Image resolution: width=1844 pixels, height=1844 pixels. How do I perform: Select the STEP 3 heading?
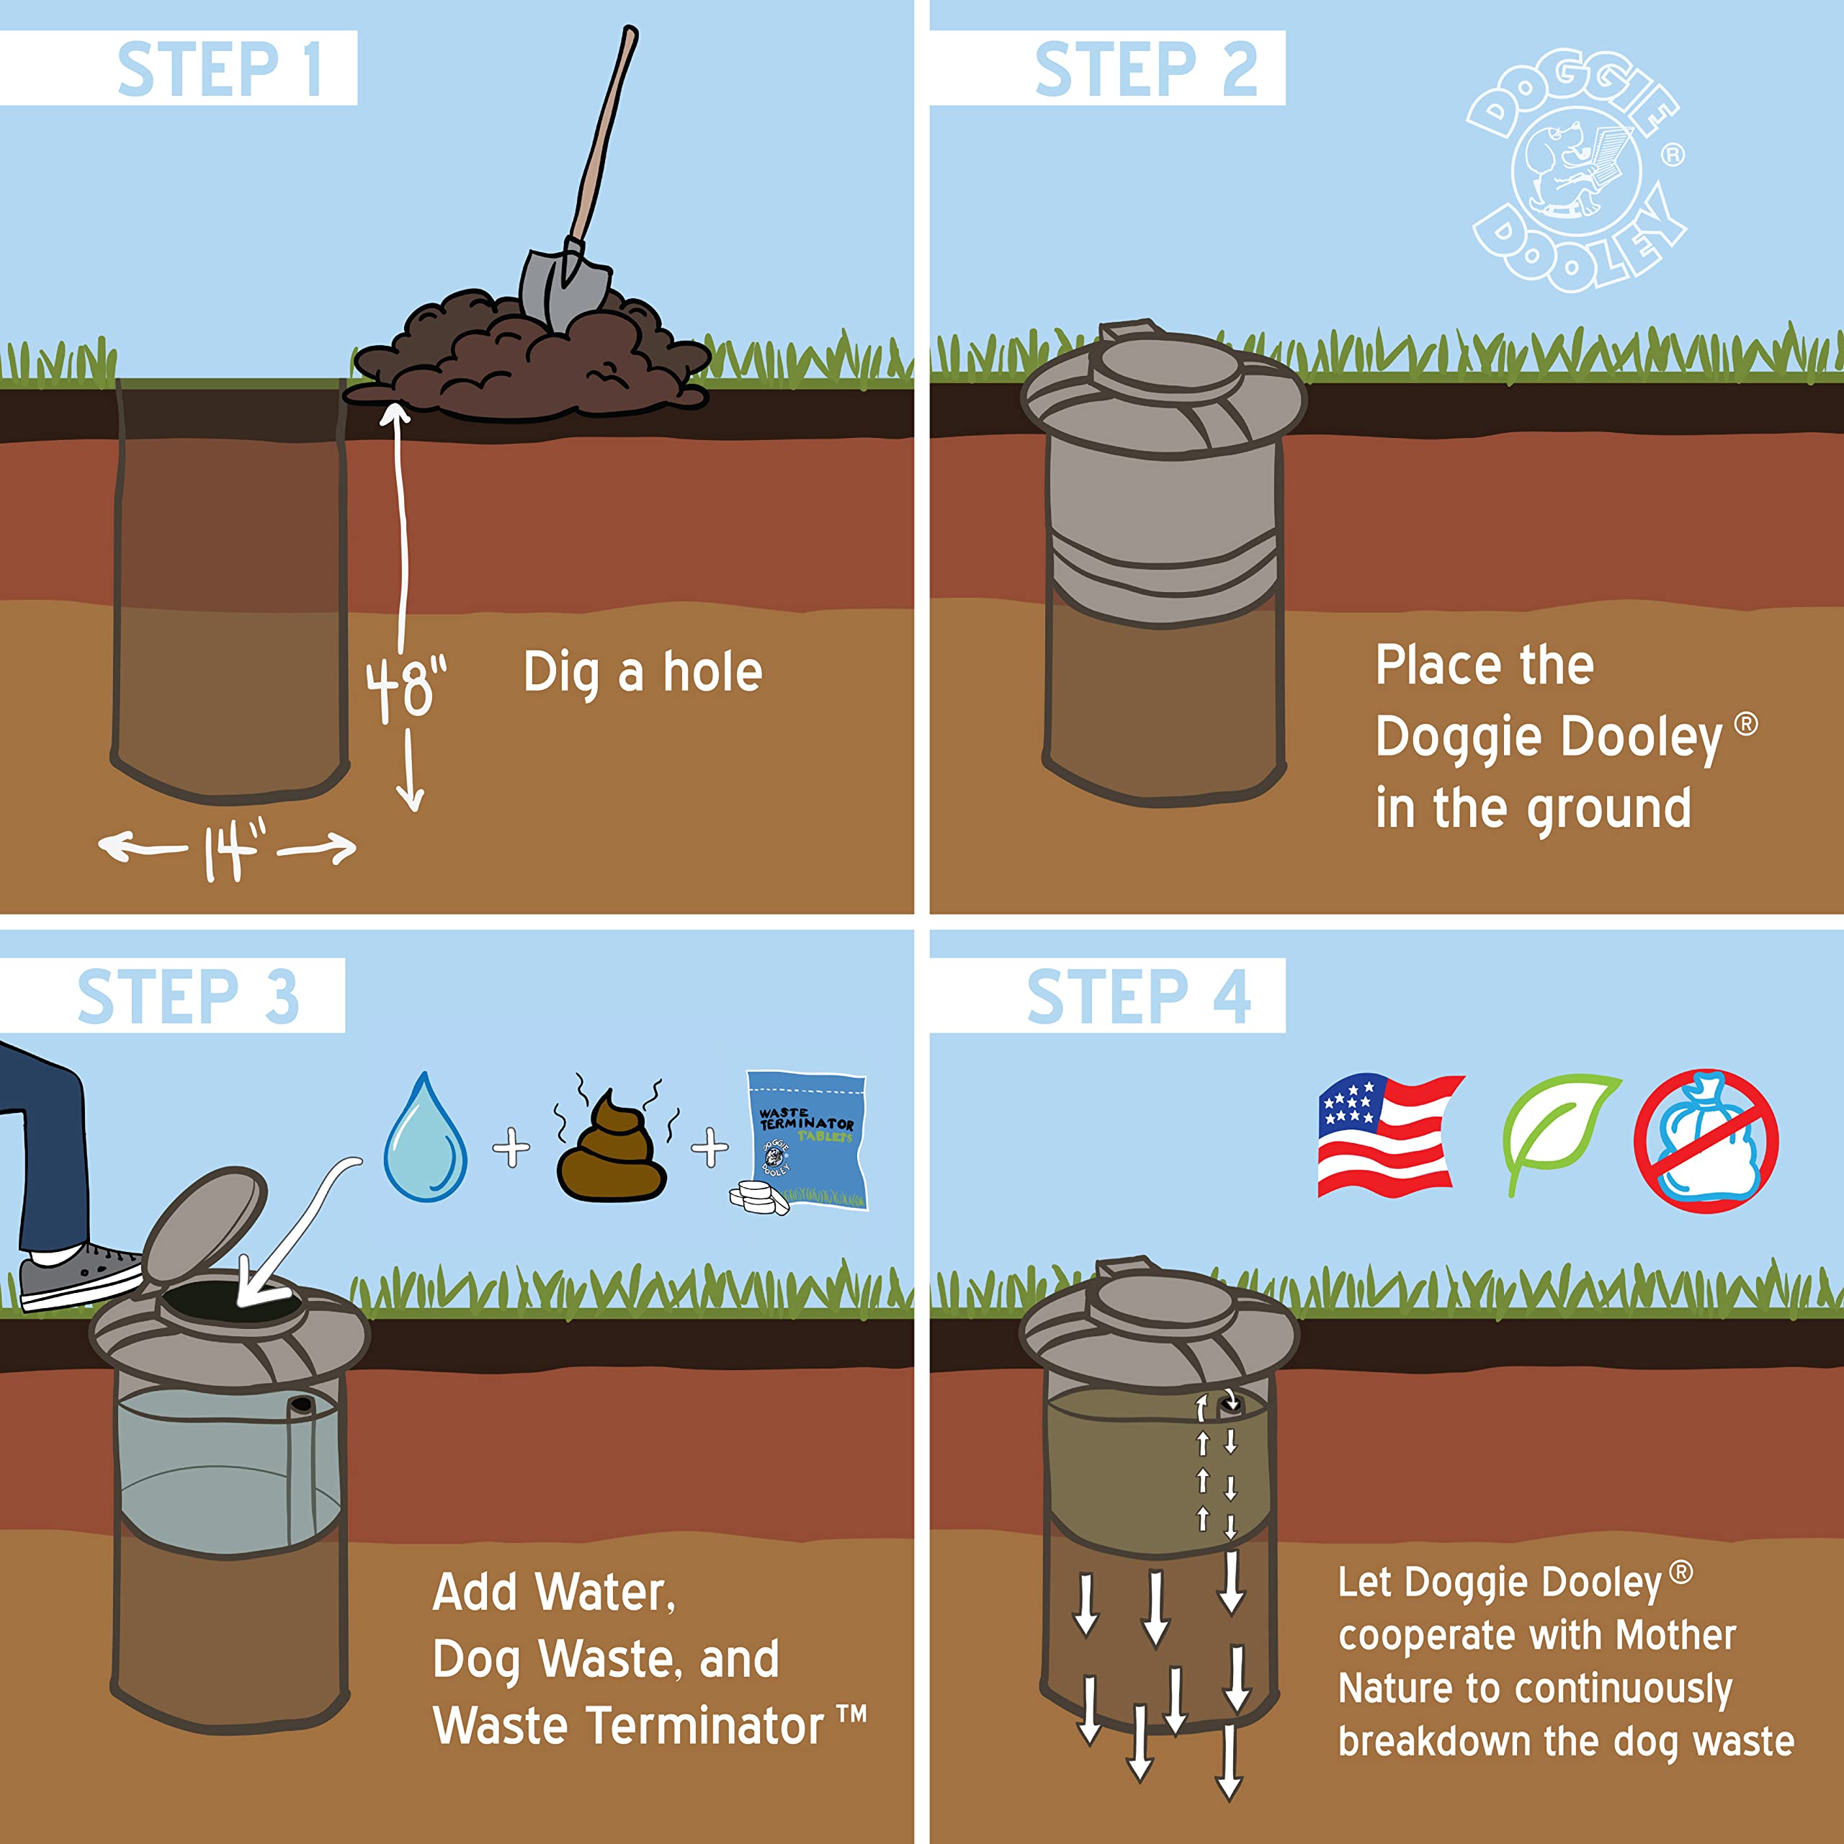point(188,995)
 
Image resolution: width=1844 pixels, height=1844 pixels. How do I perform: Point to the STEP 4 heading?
point(1137,995)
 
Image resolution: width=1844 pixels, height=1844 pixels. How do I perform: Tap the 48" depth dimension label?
point(406,687)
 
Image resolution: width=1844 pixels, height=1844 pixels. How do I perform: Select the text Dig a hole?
point(643,672)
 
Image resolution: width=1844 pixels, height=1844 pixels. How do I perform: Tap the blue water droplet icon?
point(425,1140)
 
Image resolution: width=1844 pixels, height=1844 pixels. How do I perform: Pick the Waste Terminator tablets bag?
point(807,1140)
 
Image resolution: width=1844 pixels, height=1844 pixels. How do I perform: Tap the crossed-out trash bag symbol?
point(1706,1140)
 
